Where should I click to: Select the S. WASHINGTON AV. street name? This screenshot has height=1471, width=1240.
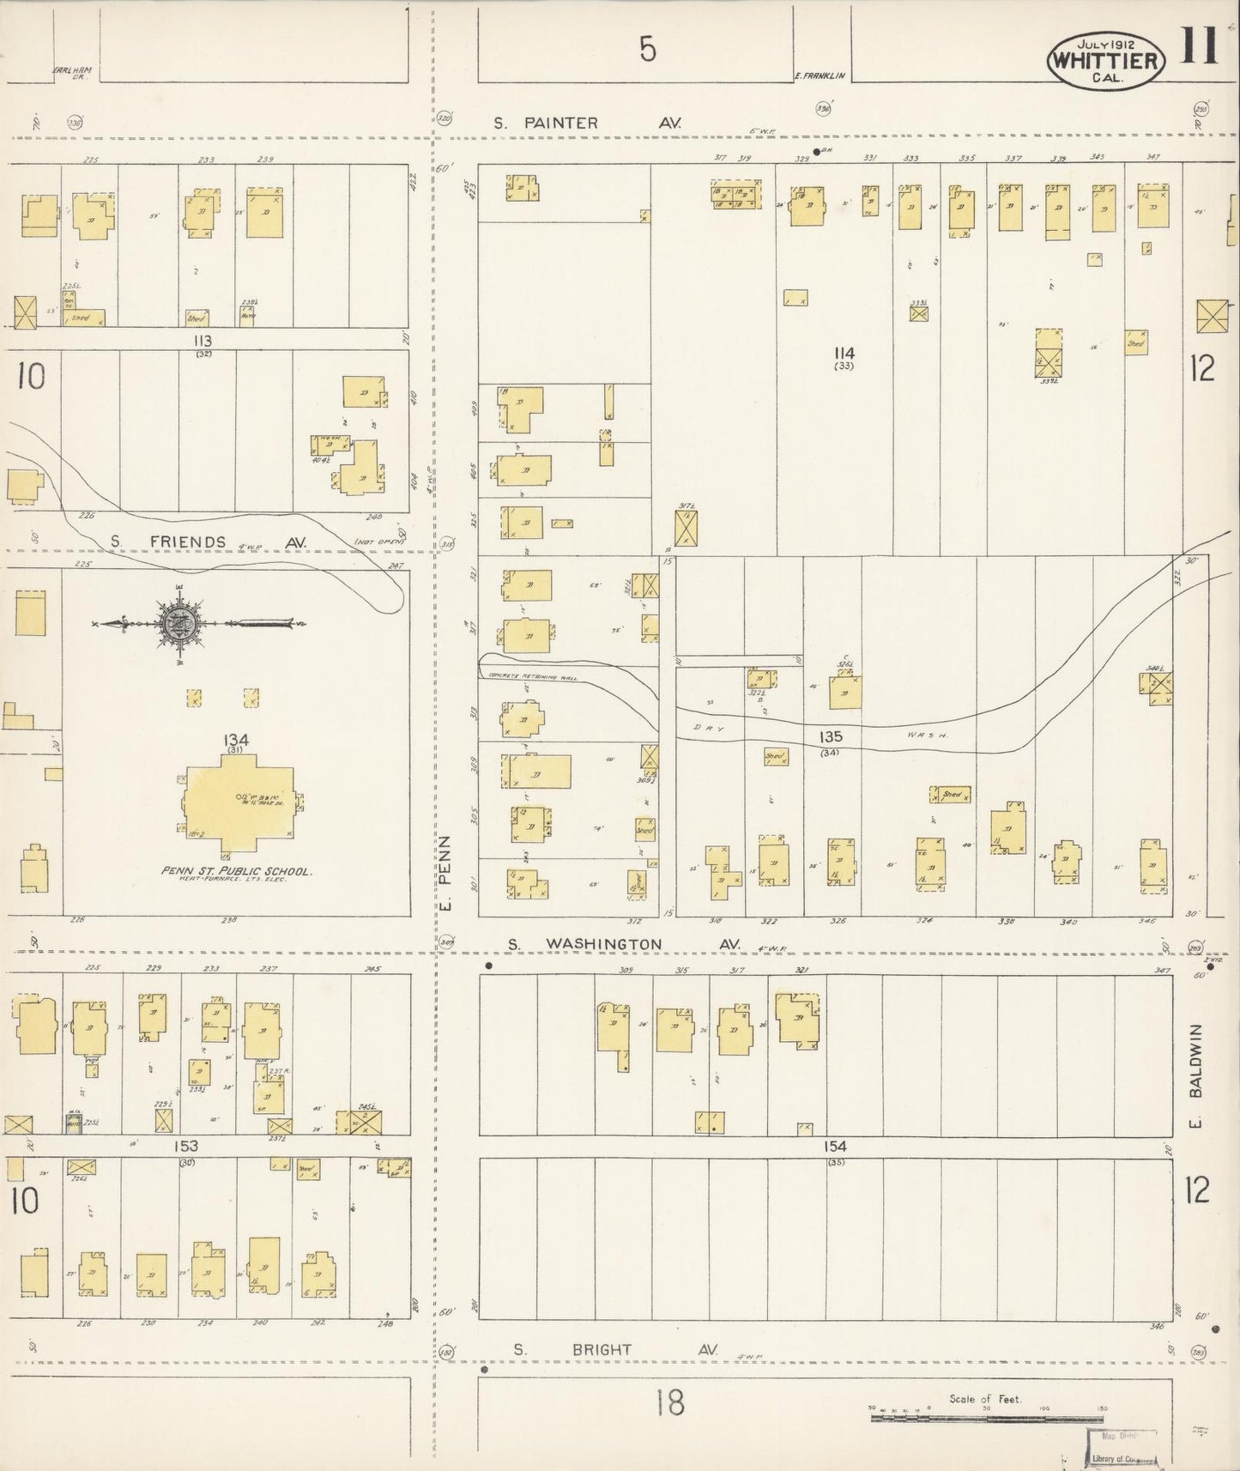pyautogui.click(x=622, y=944)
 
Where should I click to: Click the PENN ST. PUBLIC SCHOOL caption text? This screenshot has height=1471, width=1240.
pyautogui.click(x=236, y=871)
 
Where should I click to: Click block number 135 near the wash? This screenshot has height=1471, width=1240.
pyautogui.click(x=830, y=736)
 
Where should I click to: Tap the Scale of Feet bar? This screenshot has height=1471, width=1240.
pyautogui.click(x=987, y=1418)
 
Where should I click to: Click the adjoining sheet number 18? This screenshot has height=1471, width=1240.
pyautogui.click(x=669, y=1404)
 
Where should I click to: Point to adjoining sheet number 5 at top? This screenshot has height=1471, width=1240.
pyautogui.click(x=647, y=51)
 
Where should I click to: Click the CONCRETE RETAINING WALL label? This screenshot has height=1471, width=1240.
pyautogui.click(x=532, y=675)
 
